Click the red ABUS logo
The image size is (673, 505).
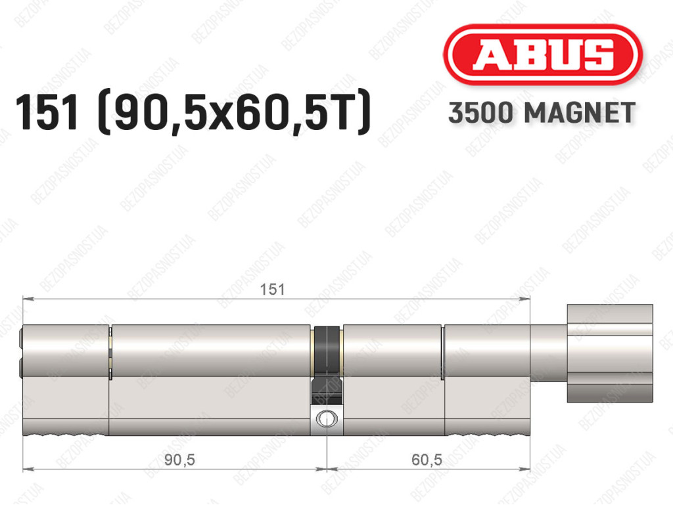542,55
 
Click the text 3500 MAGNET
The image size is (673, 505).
542,113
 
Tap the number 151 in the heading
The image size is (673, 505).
47,112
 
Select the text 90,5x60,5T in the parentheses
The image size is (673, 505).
234,113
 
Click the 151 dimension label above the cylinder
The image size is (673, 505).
272,290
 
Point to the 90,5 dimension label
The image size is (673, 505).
179,460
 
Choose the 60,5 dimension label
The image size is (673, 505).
427,460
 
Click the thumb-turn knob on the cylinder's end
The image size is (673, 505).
610,354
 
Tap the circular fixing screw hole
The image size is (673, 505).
327,419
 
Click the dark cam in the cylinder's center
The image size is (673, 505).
327,364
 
